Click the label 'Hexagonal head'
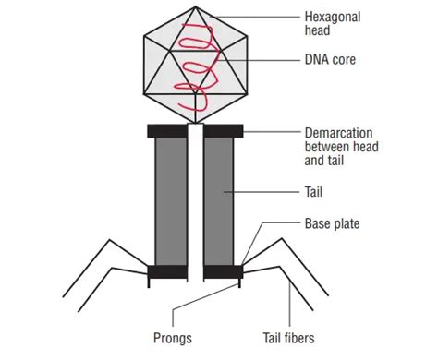pyautogui.click(x=334, y=24)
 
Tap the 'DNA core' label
pyautogui.click(x=331, y=60)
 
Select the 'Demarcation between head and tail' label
pyautogui.click(x=341, y=146)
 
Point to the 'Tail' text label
pyautogui.click(x=313, y=193)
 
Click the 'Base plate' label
pyautogui.click(x=331, y=223)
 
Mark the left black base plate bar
pyautogui.click(x=168, y=271)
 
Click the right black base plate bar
pyautogui.click(x=222, y=271)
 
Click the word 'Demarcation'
pyautogui.click(x=339, y=132)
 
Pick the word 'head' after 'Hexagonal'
pyautogui.click(x=318, y=30)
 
